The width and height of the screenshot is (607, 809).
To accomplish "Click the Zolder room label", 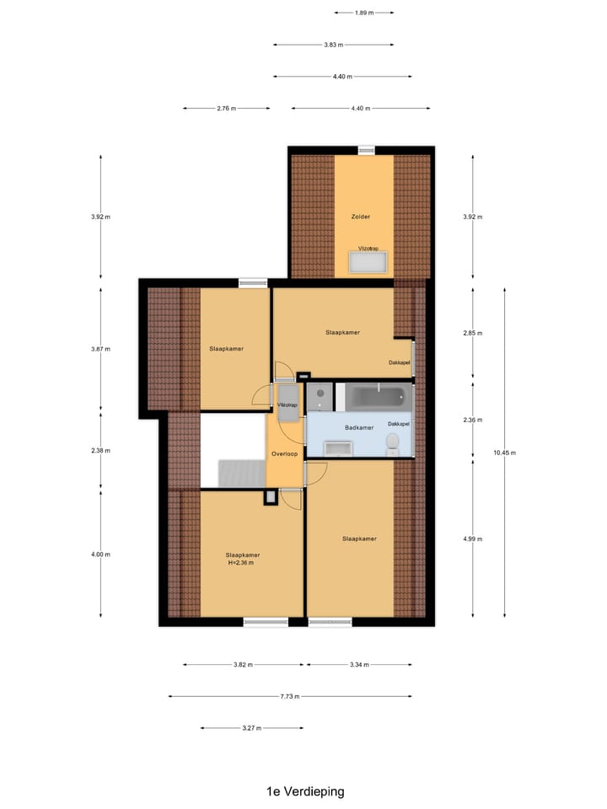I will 361,217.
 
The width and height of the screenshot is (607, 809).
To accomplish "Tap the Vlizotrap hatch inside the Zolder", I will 368,262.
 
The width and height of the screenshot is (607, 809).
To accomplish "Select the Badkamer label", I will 359,428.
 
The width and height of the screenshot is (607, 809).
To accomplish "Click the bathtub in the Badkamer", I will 377,396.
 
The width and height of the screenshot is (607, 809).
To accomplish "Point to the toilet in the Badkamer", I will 392,442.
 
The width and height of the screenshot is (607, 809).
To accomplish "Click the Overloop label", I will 284,454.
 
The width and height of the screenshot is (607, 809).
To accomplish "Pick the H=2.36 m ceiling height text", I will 241,563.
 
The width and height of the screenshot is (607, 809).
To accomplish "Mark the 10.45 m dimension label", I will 504,453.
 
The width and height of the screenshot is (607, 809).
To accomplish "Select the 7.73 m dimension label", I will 290,697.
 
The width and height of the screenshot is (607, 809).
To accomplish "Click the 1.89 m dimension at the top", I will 363,13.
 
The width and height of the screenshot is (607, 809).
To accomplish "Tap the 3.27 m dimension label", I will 251,728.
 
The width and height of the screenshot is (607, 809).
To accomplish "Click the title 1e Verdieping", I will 304,791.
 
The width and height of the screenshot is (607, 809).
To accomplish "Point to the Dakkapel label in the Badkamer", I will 398,423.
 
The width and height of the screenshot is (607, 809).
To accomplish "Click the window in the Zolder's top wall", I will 366,150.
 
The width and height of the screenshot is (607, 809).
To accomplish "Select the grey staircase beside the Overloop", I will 242,473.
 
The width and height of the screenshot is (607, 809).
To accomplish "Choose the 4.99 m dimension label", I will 473,539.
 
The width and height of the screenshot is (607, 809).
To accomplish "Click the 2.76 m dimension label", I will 227,109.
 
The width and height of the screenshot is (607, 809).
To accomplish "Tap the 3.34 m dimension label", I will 359,665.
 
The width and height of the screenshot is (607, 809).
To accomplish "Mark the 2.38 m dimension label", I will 100,451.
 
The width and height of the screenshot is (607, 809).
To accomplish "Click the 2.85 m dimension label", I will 473,333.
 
